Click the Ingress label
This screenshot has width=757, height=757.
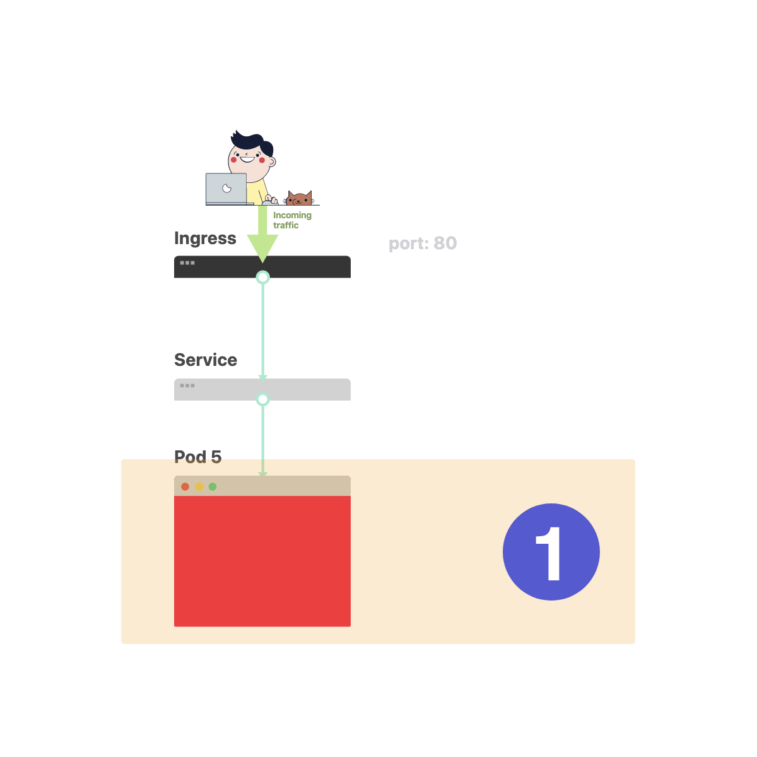205,238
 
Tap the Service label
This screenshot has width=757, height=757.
206,360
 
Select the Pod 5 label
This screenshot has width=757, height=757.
197,457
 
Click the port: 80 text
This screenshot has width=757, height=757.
423,244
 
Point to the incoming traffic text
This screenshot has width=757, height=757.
292,220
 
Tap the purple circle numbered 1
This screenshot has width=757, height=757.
551,552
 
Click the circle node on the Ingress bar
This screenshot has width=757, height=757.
262,278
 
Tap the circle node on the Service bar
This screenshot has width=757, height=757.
262,399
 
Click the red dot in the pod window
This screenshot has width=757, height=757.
185,486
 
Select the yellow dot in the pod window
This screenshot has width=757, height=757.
199,486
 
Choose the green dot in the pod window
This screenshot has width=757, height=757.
213,486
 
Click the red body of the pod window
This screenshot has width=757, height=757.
262,561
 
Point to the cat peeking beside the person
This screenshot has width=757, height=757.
299,199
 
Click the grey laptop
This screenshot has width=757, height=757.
226,189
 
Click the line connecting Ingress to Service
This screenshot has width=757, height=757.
262,328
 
